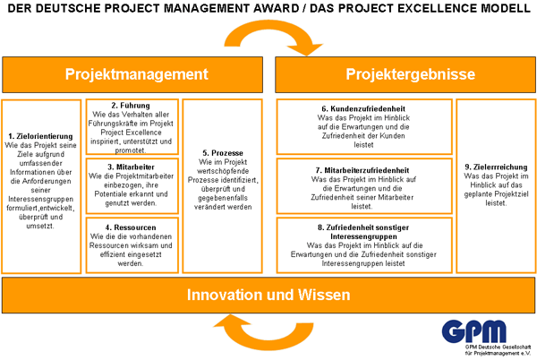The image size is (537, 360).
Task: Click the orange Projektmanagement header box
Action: pyautogui.click(x=132, y=74)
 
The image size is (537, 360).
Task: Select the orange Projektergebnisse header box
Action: pyautogui.click(x=405, y=74)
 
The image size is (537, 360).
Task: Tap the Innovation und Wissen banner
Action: pyautogui.click(x=268, y=296)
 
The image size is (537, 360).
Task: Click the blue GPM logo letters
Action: pyautogui.click(x=474, y=331)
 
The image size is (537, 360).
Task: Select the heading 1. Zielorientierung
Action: pyautogui.click(x=41, y=136)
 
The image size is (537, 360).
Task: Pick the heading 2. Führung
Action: pyautogui.click(x=131, y=106)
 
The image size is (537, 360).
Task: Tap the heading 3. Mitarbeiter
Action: pyautogui.click(x=132, y=167)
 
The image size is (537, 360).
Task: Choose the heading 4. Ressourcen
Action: pyautogui.click(x=131, y=227)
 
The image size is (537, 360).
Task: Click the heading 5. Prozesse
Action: pyautogui.click(x=223, y=153)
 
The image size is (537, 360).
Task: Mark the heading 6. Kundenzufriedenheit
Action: pyautogui.click(x=363, y=109)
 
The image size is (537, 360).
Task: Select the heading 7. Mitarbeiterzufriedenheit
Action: pyautogui.click(x=362, y=170)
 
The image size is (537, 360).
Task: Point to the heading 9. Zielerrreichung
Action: pyautogui.click(x=496, y=167)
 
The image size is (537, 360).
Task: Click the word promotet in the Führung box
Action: pyautogui.click(x=131, y=150)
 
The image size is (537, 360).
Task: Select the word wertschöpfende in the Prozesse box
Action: pyautogui.click(x=223, y=171)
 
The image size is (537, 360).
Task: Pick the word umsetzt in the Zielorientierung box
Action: pyautogui.click(x=40, y=226)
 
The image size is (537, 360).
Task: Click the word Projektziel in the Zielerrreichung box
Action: pyautogui.click(x=510, y=194)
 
